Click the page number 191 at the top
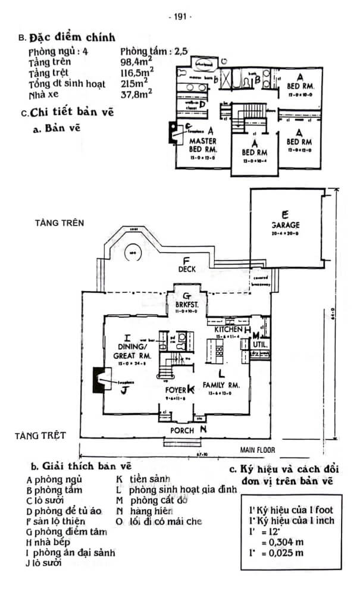click(x=180, y=17)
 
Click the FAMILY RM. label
click(x=221, y=385)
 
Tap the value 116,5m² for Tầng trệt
click(x=136, y=71)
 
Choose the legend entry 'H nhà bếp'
click(x=49, y=542)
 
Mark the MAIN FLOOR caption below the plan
click(x=257, y=450)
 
